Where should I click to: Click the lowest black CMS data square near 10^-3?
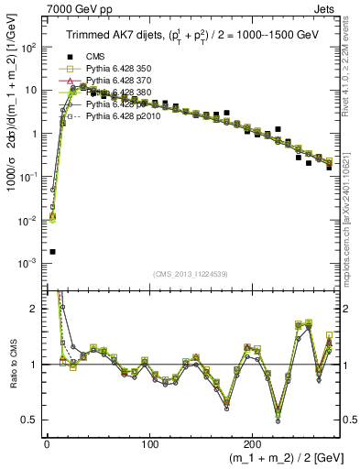[x=52, y=251]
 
